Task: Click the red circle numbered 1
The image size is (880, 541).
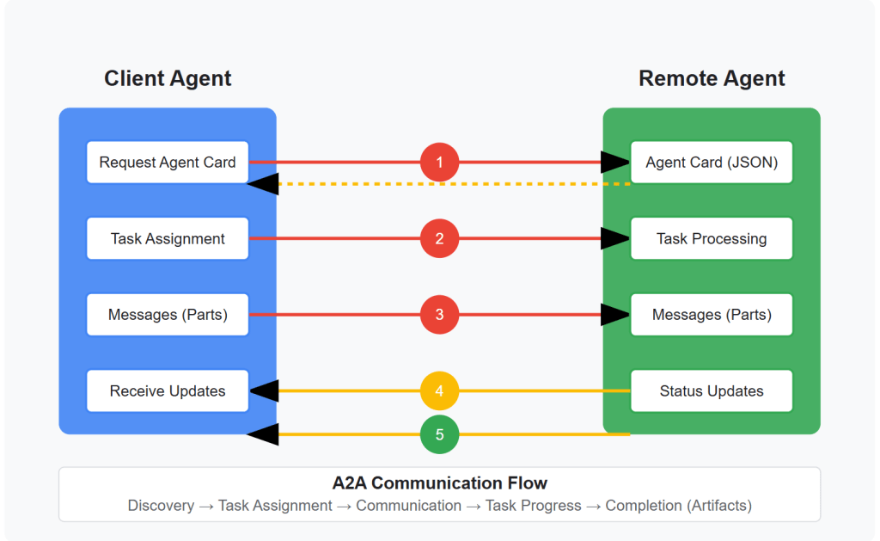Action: [439, 162]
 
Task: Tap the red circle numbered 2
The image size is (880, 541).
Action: [439, 238]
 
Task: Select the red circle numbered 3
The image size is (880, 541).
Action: [439, 315]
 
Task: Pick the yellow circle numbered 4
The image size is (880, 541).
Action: [439, 390]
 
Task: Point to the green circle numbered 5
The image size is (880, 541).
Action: [439, 434]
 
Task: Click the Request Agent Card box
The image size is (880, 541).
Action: [168, 162]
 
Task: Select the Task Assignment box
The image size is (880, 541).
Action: [168, 238]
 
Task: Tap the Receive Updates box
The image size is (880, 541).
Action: [168, 390]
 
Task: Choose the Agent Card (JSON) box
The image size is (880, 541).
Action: [712, 162]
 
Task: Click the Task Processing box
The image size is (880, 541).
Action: [712, 238]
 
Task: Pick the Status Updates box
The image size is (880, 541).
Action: [712, 390]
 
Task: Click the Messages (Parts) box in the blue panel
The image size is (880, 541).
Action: [168, 315]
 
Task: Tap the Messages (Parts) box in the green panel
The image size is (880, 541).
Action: [712, 315]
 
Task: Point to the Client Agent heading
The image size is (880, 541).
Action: [168, 78]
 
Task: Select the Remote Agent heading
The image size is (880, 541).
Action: [712, 78]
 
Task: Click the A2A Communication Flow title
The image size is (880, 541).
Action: [439, 483]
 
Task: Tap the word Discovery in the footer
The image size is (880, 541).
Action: [161, 505]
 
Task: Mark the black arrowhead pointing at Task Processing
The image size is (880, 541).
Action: [615, 238]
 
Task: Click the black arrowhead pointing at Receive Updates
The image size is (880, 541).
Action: [263, 390]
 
